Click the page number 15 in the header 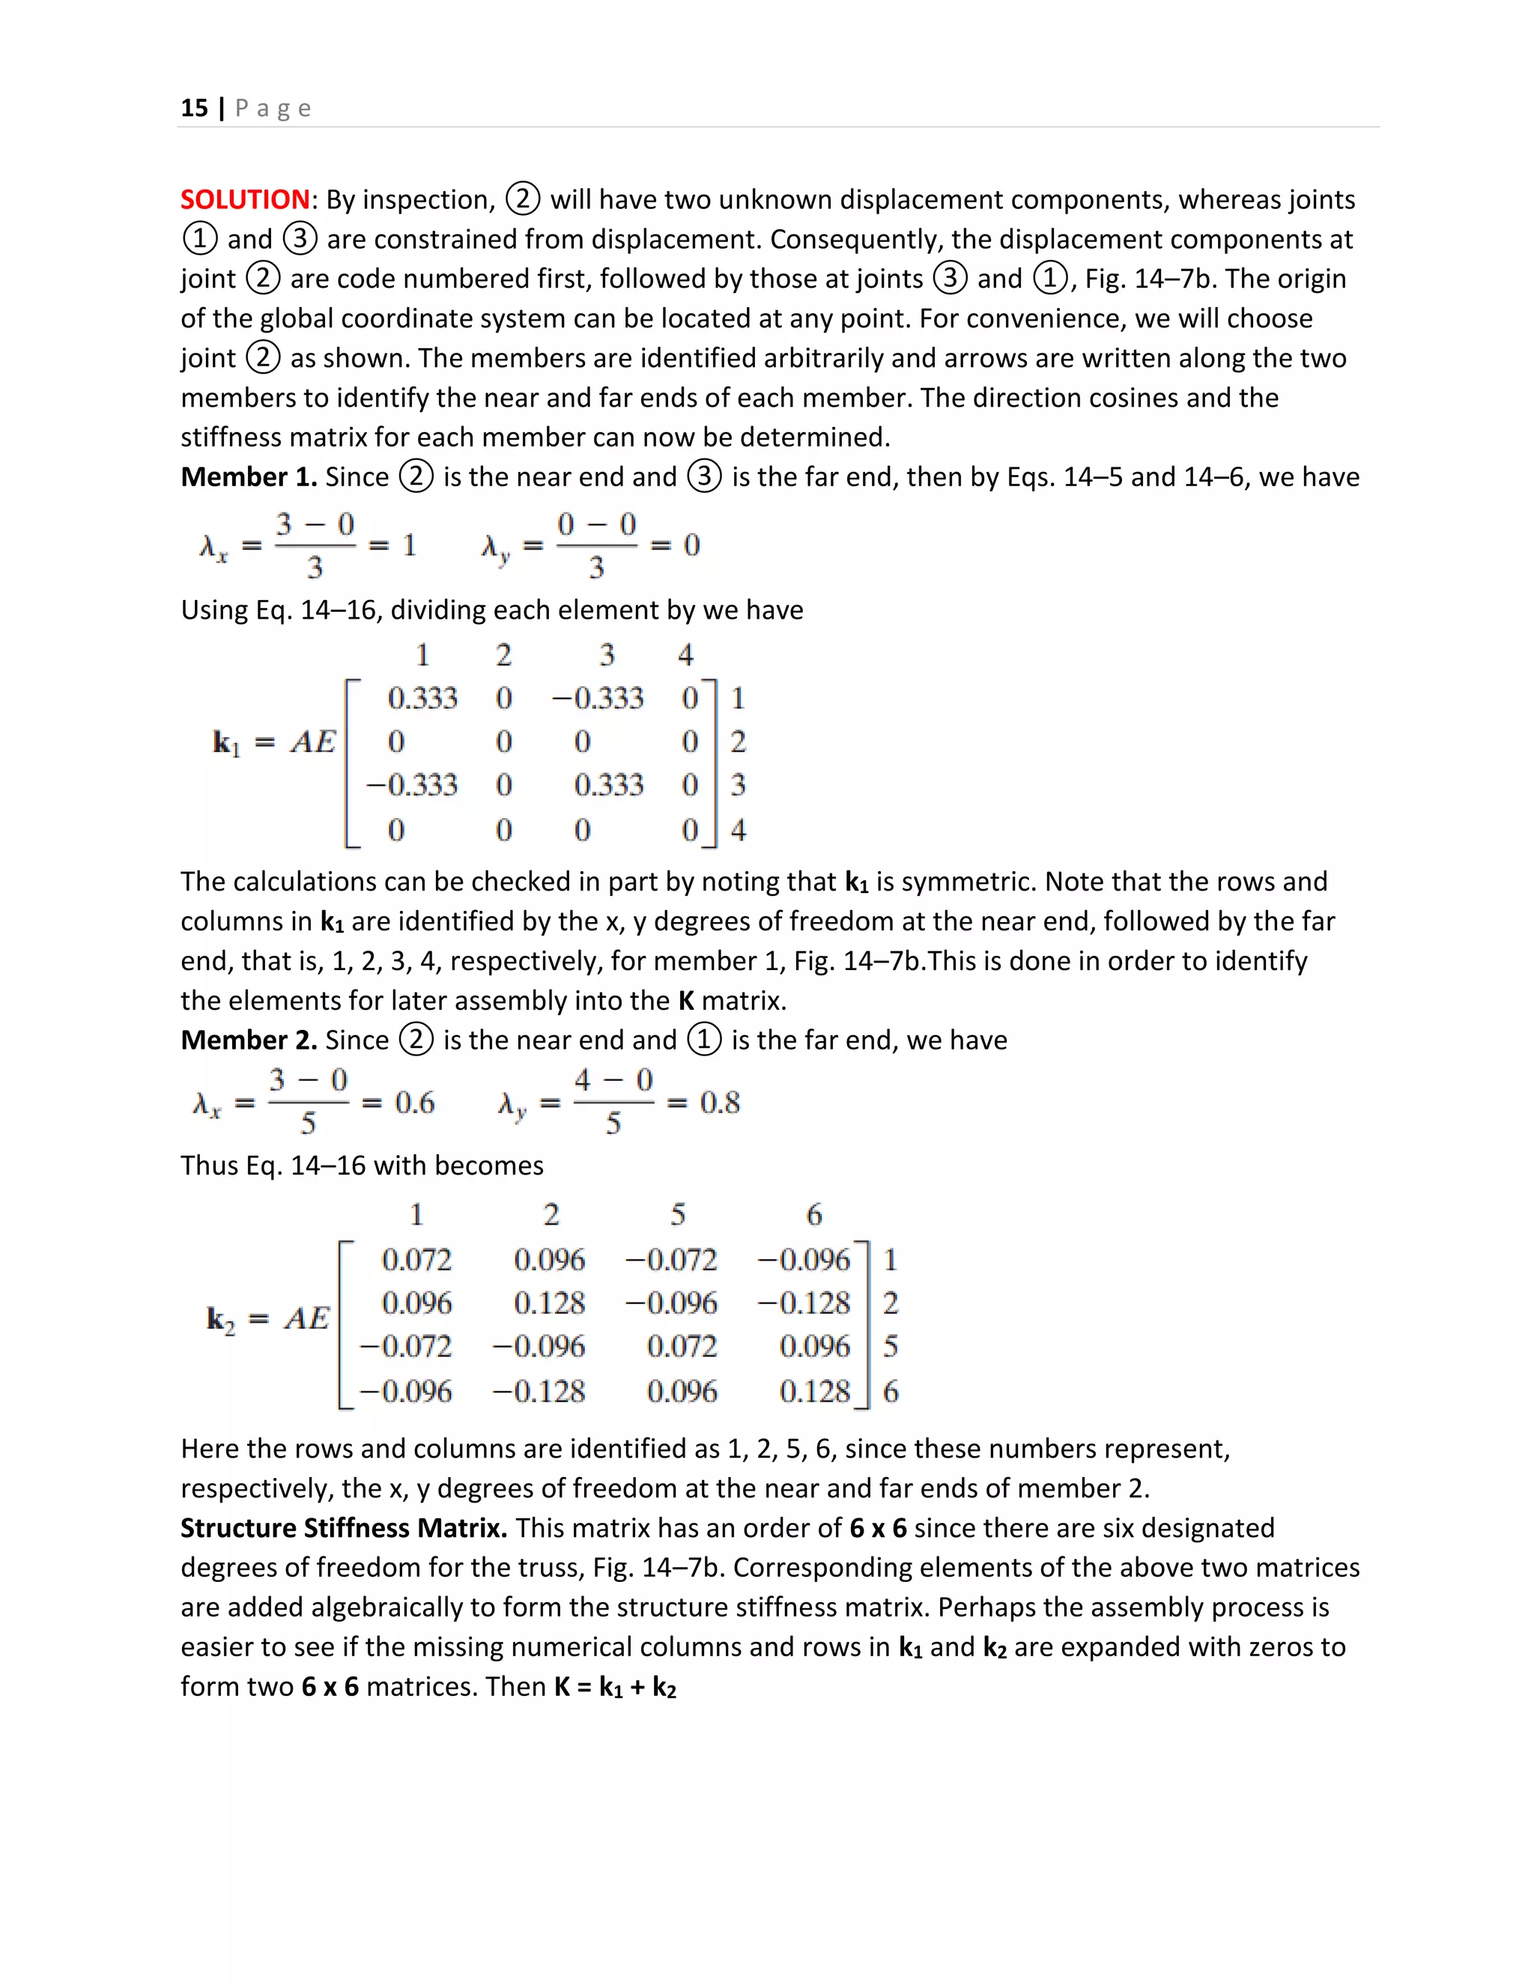(193, 108)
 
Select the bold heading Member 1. (248, 477)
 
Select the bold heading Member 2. (248, 1040)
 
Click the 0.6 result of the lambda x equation (414, 1103)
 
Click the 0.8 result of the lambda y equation (720, 1103)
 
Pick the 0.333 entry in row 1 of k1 (422, 698)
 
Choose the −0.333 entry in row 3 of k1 (412, 784)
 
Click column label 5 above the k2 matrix (678, 1214)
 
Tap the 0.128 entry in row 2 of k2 (549, 1303)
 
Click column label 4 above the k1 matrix (685, 655)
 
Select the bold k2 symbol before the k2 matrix (221, 1320)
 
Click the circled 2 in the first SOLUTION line (523, 199)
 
